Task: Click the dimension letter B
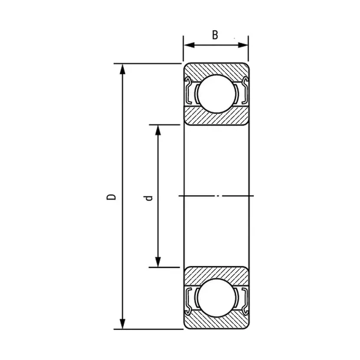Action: click(x=215, y=35)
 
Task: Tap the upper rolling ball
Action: click(x=215, y=93)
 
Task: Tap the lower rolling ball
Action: click(x=215, y=299)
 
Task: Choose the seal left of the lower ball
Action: click(x=190, y=300)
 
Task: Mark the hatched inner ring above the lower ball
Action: click(x=215, y=274)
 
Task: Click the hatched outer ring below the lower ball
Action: click(x=215, y=324)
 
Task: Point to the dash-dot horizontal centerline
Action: click(x=215, y=195)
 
